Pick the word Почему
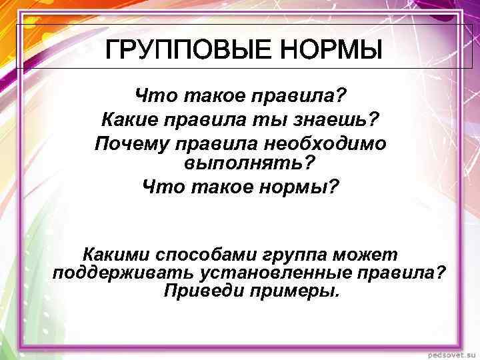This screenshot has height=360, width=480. [x=128, y=143]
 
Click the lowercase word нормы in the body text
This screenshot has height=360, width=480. [x=300, y=186]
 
